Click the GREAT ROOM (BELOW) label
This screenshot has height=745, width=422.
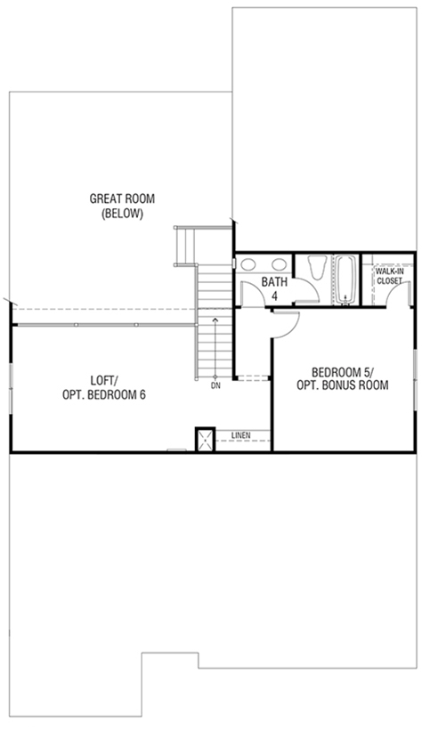pos(122,206)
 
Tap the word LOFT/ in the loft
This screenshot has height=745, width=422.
pos(103,380)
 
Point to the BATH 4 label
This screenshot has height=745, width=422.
pos(274,289)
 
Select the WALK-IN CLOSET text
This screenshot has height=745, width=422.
pos(389,276)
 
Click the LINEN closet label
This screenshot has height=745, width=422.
pos(241,434)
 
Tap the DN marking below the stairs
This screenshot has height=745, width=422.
pos(215,385)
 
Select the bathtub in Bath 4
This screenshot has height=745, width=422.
pos(345,279)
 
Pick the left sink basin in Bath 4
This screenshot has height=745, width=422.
pos(248,264)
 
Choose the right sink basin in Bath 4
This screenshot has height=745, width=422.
pos(280,264)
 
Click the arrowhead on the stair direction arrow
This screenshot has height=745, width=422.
pos(215,320)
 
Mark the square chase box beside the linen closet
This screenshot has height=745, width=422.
pos(206,440)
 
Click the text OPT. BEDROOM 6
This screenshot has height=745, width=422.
pos(103,394)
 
